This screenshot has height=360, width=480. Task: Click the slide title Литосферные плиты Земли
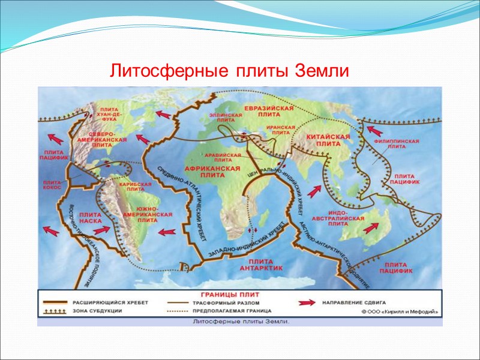(x=229, y=71)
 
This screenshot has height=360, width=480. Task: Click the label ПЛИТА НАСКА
(x=91, y=217)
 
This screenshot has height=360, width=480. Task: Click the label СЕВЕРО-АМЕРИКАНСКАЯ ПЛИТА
(x=105, y=139)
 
